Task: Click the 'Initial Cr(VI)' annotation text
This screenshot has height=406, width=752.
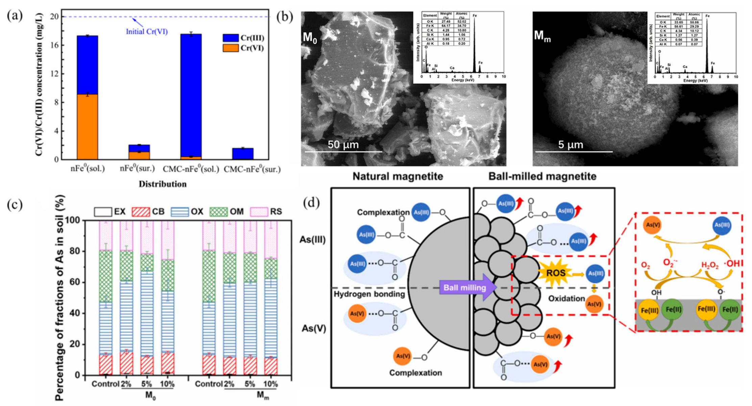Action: (x=147, y=32)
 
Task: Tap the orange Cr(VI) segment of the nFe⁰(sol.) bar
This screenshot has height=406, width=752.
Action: (x=88, y=127)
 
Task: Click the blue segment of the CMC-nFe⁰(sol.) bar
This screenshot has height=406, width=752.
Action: (x=191, y=95)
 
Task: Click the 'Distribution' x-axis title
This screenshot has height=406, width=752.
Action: (x=163, y=184)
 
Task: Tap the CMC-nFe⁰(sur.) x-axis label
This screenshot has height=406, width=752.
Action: (x=252, y=169)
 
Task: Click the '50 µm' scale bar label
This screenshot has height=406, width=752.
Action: (x=343, y=145)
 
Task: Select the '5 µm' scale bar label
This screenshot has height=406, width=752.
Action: (x=571, y=145)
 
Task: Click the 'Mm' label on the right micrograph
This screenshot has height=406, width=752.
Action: (x=542, y=36)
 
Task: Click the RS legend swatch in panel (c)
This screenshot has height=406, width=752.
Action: (x=259, y=212)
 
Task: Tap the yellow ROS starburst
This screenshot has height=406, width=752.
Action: (x=556, y=273)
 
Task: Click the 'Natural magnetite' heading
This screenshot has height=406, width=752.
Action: (x=397, y=176)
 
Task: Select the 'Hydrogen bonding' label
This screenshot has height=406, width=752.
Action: (x=369, y=294)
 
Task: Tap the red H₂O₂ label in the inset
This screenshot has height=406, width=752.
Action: (x=710, y=265)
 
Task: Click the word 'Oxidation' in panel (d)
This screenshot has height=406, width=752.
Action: (x=566, y=299)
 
